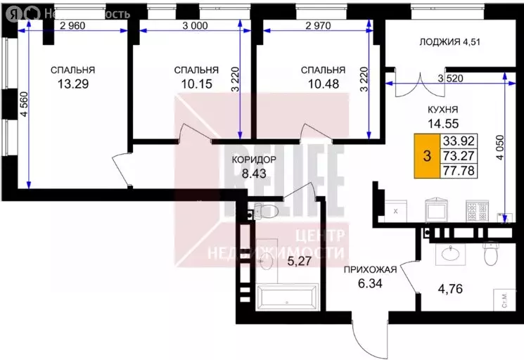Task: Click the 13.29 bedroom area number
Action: [72, 86]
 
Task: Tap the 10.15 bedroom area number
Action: [196, 86]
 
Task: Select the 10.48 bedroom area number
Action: [322, 86]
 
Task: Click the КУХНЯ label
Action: [444, 110]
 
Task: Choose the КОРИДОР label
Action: [254, 160]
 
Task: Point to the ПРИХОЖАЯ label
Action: [371, 269]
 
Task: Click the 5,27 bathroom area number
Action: [299, 262]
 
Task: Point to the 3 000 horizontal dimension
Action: [194, 26]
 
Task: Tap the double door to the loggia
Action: [422, 86]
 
